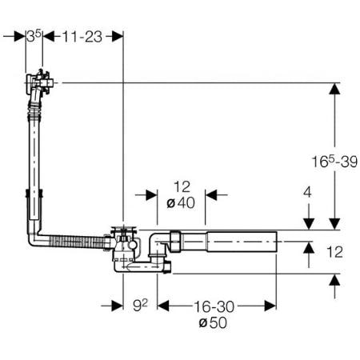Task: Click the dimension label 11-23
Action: coord(82,37)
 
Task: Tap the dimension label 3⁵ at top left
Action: coord(34,36)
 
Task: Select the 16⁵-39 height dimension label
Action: coord(334,162)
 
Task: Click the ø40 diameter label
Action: coord(181,203)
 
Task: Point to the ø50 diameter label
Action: coord(213,322)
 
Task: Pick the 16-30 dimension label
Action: coord(214,306)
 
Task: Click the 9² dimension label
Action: coord(140,306)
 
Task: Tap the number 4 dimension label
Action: coord(307,192)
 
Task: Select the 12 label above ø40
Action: coord(182,186)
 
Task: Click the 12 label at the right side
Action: coord(334,252)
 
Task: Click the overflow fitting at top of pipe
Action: coord(39,82)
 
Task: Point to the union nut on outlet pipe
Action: coord(175,241)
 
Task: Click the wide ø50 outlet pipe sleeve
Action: coord(242,242)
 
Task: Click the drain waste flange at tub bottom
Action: coord(124,229)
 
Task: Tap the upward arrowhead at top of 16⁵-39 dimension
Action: coord(334,88)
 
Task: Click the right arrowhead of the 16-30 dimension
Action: coord(270,306)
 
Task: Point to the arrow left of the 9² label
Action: coord(112,306)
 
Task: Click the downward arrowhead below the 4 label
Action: coord(309,224)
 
